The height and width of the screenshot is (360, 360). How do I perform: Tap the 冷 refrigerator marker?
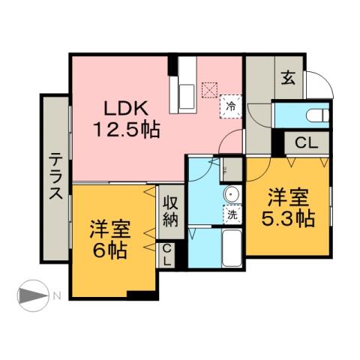(232, 106)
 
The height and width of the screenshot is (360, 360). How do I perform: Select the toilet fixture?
(315, 115)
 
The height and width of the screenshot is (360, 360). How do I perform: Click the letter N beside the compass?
(56, 296)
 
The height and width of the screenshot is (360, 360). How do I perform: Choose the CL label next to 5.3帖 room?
(304, 142)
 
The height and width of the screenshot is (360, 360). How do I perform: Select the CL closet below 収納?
(166, 255)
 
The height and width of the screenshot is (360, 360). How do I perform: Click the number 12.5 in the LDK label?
(114, 130)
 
